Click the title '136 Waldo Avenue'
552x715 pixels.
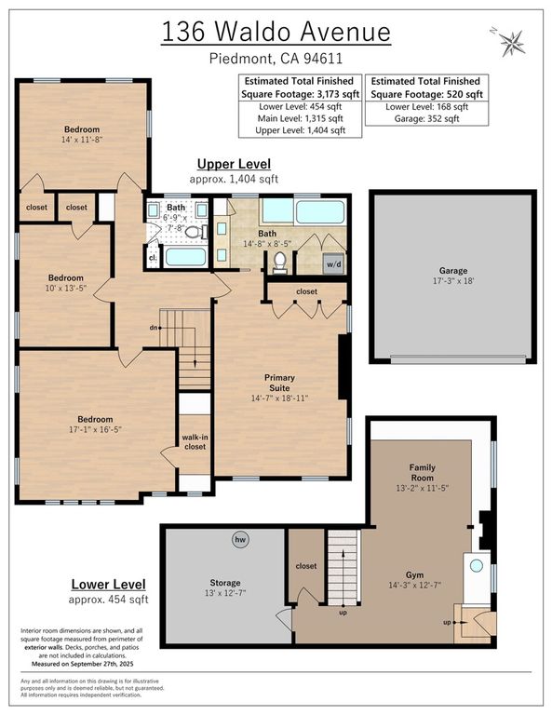(276, 32)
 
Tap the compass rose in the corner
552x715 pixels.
(510, 41)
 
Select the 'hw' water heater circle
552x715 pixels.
(240, 539)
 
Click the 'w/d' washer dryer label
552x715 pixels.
(333, 263)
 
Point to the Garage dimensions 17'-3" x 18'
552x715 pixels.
(452, 279)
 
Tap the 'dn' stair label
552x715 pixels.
(154, 328)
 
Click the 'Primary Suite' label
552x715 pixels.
(279, 382)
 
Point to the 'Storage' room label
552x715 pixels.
(224, 582)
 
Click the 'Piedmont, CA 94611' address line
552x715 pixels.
(276, 60)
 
